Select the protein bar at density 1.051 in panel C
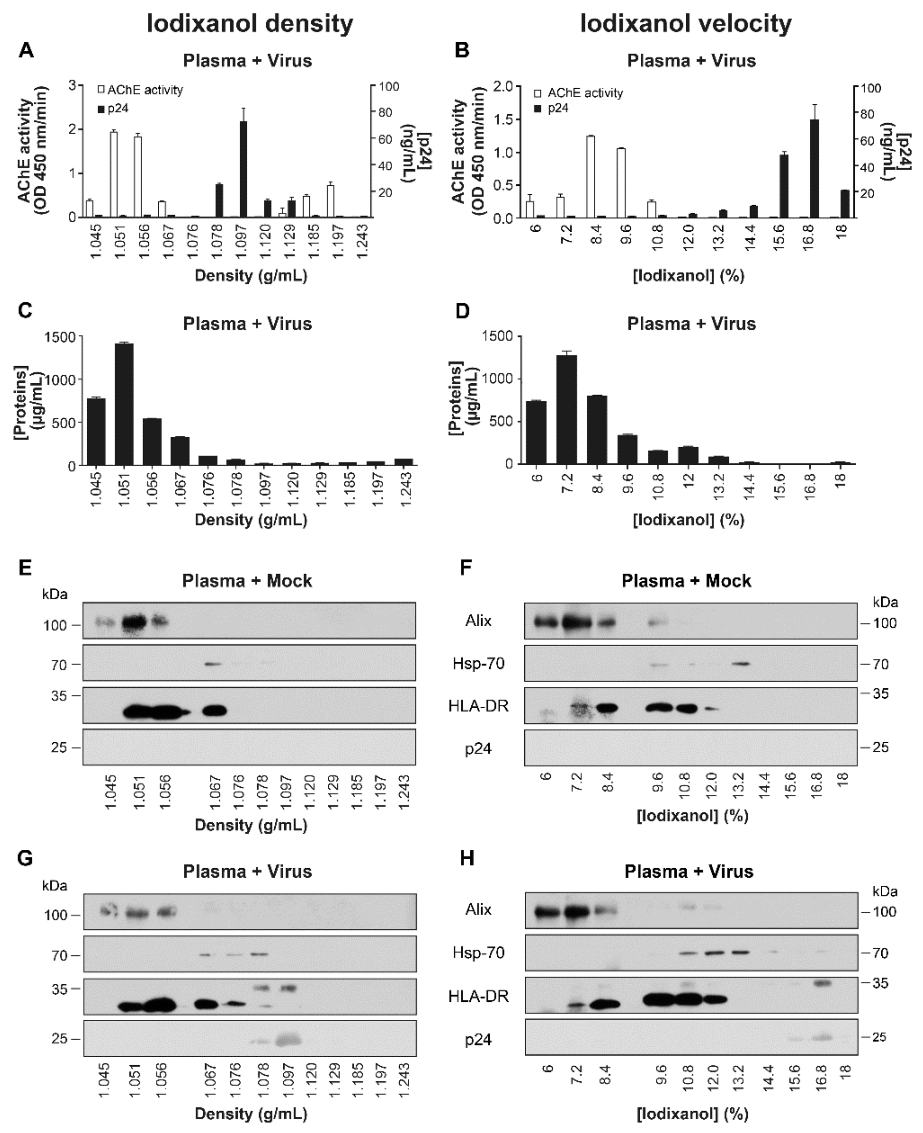point(124,404)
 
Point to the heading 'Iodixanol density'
point(250,24)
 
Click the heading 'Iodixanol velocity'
point(686,24)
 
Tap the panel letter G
point(25,859)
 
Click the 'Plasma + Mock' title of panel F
point(686,581)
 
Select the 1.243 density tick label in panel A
point(363,242)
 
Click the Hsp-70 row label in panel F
point(478,664)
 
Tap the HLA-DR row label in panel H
point(478,997)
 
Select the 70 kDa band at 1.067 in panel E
point(213,664)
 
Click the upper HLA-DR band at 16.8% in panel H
point(822,984)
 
